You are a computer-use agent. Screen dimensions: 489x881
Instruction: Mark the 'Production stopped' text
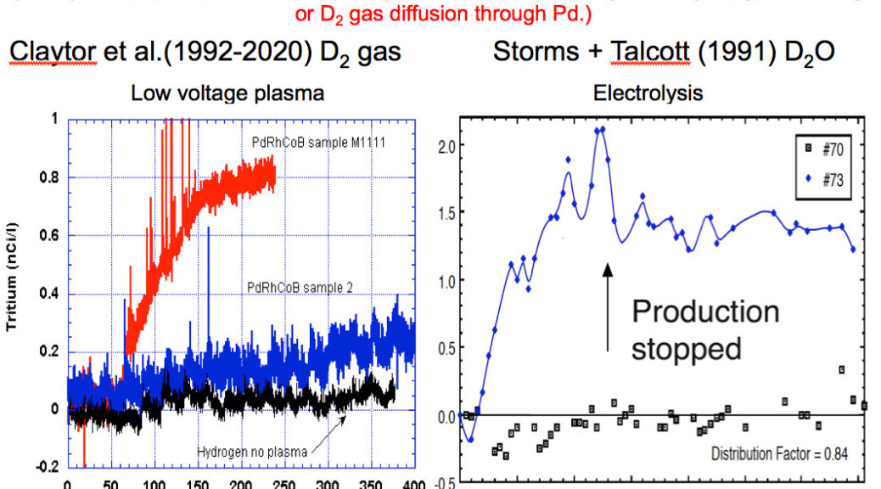[x=704, y=329]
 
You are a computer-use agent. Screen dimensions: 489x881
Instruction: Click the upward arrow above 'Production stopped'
[x=607, y=306]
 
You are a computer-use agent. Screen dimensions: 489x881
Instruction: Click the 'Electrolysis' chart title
[x=648, y=92]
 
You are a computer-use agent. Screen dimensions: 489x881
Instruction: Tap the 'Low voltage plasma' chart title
[x=227, y=92]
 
